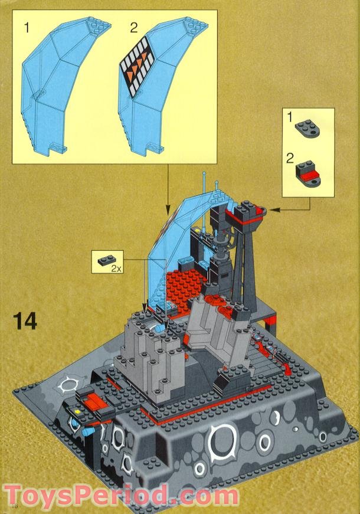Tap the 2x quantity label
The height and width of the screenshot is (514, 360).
pyautogui.click(x=116, y=267)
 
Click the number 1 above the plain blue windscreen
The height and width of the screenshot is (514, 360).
pyautogui.click(x=27, y=27)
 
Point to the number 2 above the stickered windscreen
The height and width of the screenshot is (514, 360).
pyautogui.click(x=135, y=27)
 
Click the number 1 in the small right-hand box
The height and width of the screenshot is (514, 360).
pyautogui.click(x=289, y=117)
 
